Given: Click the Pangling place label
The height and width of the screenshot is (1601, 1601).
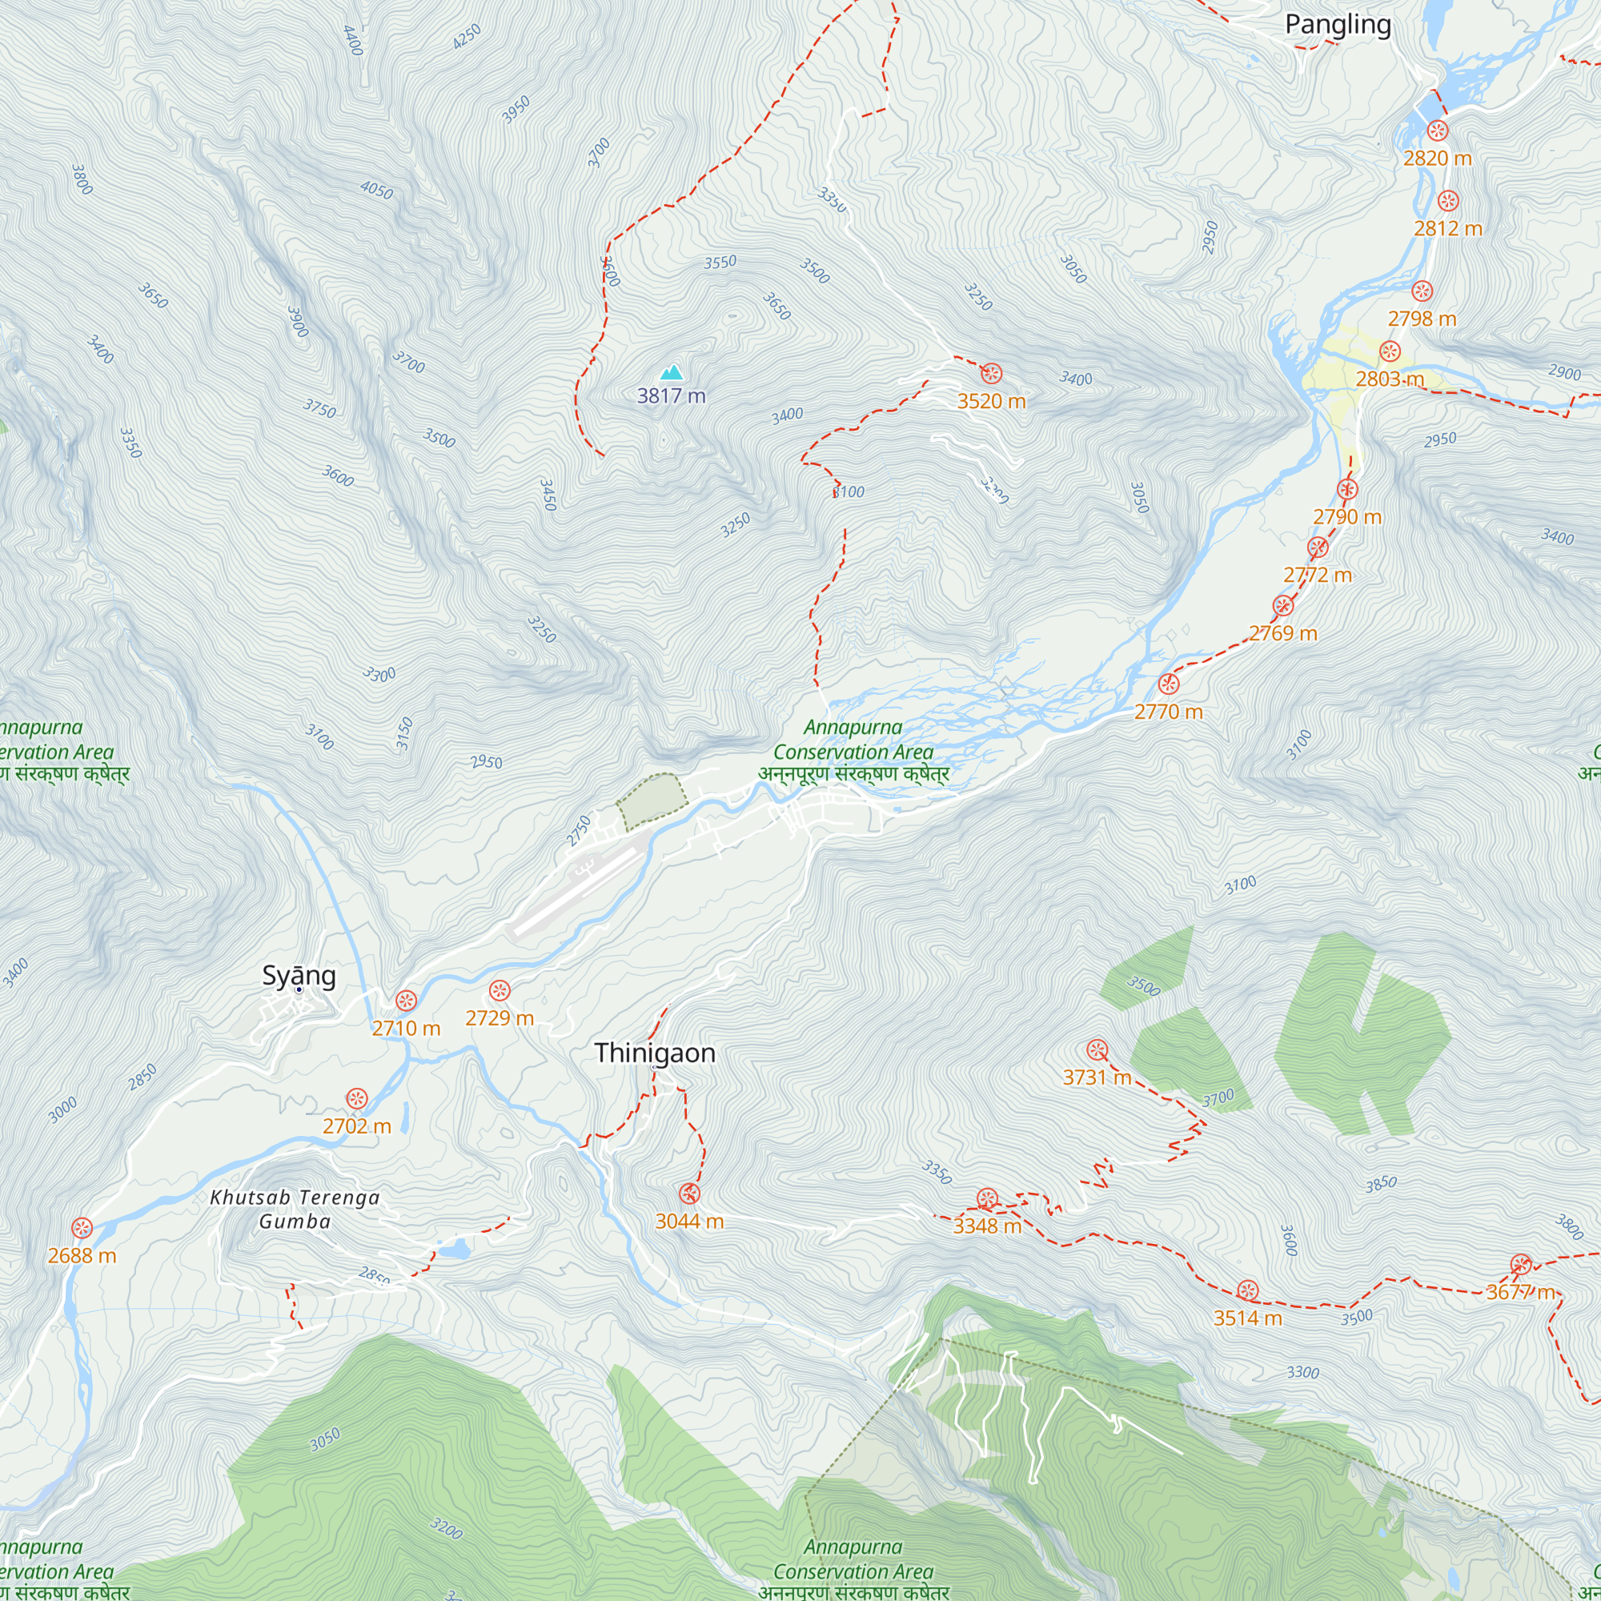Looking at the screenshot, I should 1338,25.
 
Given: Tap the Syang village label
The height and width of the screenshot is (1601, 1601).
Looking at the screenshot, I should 299,975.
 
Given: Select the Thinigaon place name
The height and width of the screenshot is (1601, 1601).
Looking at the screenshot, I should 655,1053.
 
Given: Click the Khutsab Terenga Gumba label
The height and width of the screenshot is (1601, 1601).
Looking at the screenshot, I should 295,1209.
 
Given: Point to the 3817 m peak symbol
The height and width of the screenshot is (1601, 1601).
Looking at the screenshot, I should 672,372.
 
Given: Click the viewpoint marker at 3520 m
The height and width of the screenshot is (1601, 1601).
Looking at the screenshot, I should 991,373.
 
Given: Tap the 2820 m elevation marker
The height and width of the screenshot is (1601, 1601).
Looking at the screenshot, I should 1438,130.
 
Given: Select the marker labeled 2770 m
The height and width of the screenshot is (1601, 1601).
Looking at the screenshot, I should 1169,684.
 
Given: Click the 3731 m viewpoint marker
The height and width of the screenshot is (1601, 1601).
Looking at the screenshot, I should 1097,1050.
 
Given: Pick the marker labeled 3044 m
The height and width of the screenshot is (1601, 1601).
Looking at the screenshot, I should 689,1194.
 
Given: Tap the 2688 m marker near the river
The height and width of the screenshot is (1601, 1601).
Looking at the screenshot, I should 81,1228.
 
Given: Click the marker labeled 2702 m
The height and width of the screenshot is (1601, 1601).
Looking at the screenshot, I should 356,1099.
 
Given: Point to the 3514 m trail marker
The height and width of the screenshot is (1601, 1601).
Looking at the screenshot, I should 1247,1290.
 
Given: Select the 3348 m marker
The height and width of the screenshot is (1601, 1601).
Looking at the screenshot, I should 987,1198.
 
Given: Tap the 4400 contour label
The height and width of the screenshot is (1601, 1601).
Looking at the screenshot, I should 353,40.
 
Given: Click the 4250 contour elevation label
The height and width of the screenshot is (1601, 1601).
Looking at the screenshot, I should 467,37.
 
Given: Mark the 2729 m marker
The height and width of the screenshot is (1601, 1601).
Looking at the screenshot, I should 499,990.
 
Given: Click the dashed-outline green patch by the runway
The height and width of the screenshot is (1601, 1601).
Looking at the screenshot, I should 652,800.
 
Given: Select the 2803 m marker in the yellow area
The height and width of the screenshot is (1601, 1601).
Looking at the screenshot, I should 1390,351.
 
